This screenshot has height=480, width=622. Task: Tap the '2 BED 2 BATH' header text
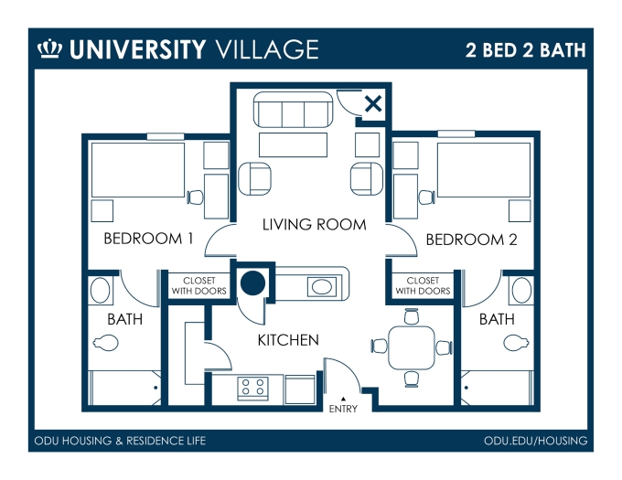point(525,48)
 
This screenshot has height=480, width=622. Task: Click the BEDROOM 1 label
point(148,240)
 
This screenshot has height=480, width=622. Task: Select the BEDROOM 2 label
point(472,240)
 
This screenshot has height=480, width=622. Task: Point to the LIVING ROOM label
point(314,224)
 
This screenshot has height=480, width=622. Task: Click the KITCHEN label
point(287,340)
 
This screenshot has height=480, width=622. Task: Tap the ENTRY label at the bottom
point(343,409)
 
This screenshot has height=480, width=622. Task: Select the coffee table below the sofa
point(293,145)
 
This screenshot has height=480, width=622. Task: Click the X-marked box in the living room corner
point(372,104)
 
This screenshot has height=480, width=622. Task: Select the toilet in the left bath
point(106,343)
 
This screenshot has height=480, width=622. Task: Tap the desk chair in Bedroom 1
point(194,196)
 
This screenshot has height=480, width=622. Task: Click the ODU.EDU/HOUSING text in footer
point(535,442)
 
